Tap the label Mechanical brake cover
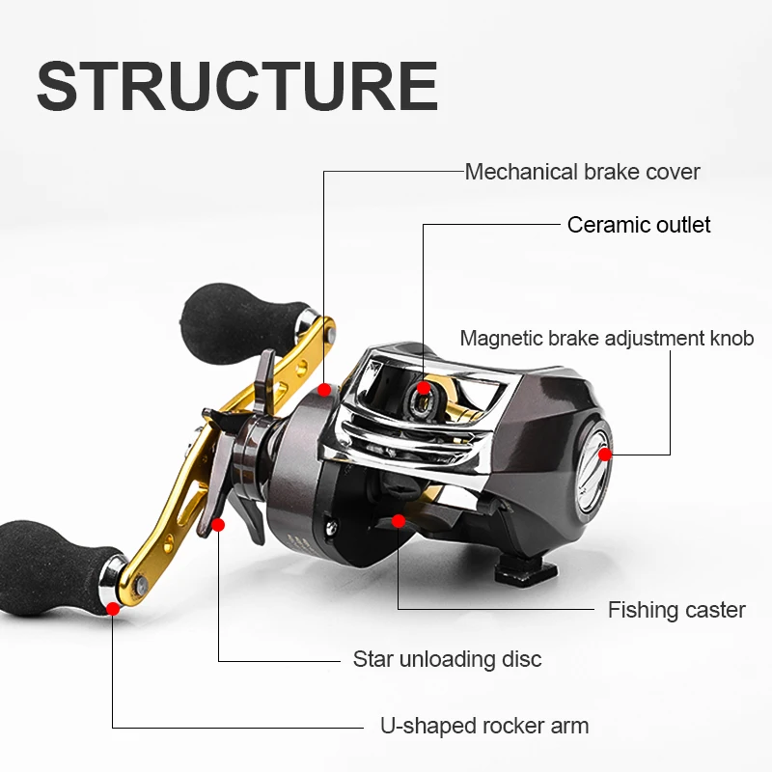(x=582, y=172)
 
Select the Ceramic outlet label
(x=639, y=225)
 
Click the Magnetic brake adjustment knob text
(x=606, y=339)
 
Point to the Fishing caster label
(x=676, y=610)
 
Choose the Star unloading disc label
(x=447, y=660)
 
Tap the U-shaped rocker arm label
(x=483, y=726)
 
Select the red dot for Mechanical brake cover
(x=324, y=390)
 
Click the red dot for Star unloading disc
(x=218, y=525)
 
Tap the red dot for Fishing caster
(x=398, y=521)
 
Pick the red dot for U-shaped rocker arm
(x=114, y=608)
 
